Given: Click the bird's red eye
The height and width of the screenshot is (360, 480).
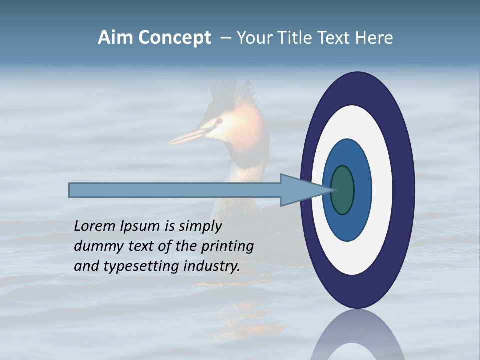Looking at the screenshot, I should pos(218,121).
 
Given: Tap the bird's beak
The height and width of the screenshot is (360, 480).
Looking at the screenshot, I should pos(187,136).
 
